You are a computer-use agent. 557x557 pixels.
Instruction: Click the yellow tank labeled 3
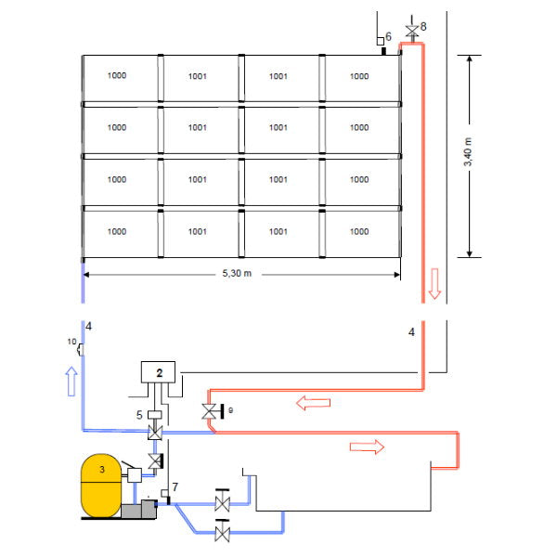pos(102,485)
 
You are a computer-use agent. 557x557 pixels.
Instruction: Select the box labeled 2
pos(160,371)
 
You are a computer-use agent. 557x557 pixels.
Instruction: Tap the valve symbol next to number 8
pos(412,31)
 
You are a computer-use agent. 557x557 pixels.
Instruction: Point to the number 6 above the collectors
pos(388,35)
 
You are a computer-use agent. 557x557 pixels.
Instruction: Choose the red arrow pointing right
pos(365,447)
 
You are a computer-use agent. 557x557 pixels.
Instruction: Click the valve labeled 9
pos(210,410)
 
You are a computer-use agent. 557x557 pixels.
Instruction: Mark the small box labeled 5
pos(155,414)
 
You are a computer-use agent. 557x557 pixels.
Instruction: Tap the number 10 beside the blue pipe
pos(71,343)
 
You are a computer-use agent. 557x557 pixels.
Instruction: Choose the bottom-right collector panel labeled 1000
pos(359,232)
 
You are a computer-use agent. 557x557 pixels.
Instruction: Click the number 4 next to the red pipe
pos(410,330)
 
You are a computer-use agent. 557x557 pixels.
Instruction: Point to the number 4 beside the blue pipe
pos(89,326)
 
